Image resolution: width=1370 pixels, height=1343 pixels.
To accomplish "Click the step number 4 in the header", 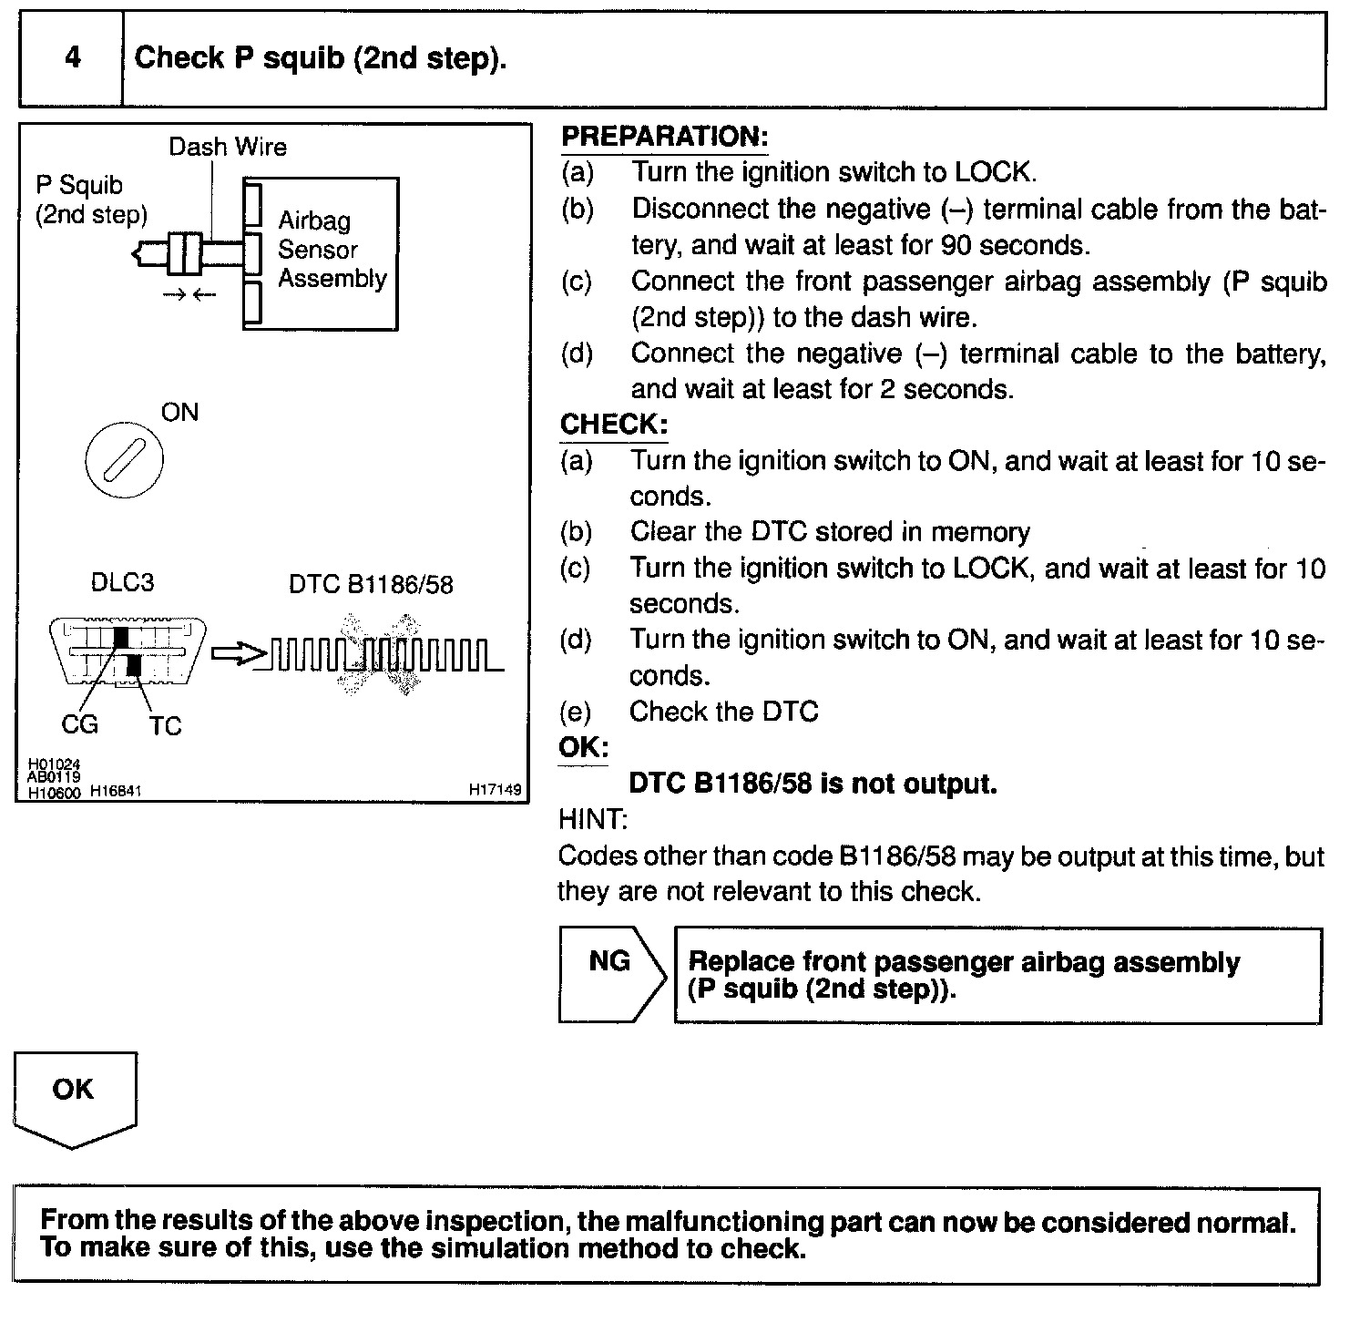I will point(72,58).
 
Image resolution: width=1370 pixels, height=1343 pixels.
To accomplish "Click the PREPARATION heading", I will point(664,137).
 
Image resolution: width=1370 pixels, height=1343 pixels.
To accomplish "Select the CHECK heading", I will point(613,425).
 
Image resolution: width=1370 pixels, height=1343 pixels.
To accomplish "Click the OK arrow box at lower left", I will point(74,1096).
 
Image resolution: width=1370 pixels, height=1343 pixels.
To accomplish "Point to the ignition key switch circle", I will point(124,458).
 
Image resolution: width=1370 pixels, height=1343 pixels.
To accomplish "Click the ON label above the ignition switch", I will point(179,413).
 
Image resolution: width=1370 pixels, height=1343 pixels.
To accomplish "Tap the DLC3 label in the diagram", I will point(122,582).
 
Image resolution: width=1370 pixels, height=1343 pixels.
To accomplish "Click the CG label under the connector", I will point(79,724).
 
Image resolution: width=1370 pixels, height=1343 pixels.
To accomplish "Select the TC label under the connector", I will point(165,726).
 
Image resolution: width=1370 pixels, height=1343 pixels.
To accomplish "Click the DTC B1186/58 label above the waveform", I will point(371,584).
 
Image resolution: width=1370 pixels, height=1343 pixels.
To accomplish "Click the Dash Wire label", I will point(228,147).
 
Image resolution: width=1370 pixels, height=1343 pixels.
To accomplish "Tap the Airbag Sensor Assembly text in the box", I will point(332,250).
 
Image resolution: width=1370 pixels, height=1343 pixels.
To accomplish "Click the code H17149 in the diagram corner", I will point(496,790).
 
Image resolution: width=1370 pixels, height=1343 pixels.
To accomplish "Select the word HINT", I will point(592,820).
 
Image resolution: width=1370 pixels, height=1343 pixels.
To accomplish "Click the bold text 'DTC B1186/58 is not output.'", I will point(813,784).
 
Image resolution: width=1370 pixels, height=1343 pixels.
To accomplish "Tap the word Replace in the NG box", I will point(738,962).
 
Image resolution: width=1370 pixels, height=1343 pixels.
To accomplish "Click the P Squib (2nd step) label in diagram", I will point(90,200).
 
